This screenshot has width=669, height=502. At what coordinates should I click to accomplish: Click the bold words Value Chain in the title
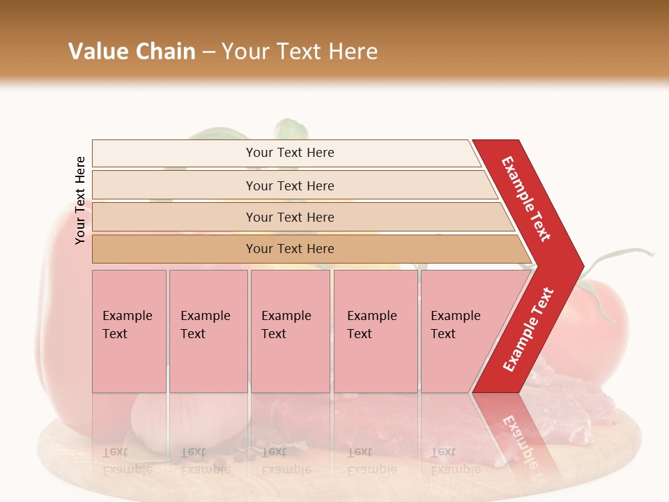coord(132,52)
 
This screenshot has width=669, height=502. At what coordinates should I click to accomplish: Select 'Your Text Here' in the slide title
coord(300,52)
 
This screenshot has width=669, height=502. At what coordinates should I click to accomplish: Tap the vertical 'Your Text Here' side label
coord(80,200)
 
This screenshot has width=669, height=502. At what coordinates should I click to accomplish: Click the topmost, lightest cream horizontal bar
coord(289,153)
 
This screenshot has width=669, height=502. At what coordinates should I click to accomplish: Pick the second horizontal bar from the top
coord(289,185)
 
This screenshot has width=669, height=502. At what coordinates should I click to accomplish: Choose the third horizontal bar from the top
coord(289,217)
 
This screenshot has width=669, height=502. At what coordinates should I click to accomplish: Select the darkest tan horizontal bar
coord(289,249)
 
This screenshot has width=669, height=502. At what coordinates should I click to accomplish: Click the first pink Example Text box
coord(129,331)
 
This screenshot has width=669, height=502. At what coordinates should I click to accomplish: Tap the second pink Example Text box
coord(208,331)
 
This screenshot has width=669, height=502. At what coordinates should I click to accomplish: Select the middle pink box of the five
coord(290,331)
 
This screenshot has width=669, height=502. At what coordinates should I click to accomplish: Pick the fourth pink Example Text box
coord(375,331)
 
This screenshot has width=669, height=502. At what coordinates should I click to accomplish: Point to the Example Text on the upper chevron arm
coord(527,198)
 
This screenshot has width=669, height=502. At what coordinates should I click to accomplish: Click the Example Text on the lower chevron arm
coord(528,329)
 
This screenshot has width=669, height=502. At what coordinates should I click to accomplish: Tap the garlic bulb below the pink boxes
coord(153,418)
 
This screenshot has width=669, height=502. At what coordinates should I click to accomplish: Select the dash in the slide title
coord(208,52)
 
